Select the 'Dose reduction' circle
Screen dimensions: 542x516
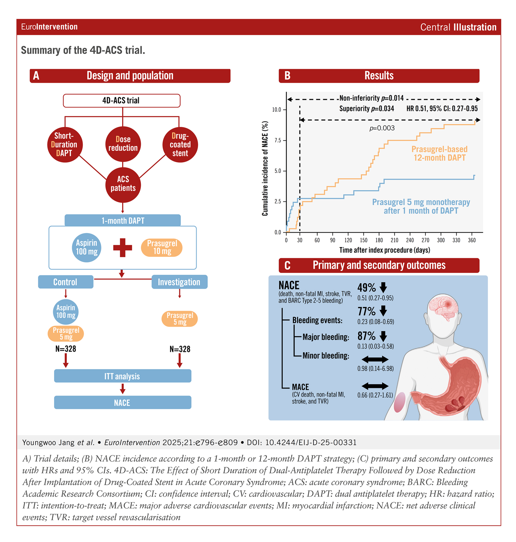pyautogui.click(x=123, y=144)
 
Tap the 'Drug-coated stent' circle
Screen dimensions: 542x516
pyautogui.click(x=180, y=145)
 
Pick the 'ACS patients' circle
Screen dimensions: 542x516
pyautogui.click(x=123, y=184)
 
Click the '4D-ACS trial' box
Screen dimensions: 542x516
pyautogui.click(x=121, y=100)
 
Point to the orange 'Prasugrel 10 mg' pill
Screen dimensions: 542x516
pyautogui.click(x=162, y=247)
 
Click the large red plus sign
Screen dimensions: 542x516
pyautogui.click(x=123, y=248)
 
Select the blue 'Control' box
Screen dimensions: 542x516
pyautogui.click(x=66, y=282)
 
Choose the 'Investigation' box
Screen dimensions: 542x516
pyautogui.click(x=179, y=282)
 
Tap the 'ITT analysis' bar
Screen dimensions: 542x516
pyautogui.click(x=122, y=376)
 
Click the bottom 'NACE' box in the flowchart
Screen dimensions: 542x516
pyautogui.click(x=122, y=403)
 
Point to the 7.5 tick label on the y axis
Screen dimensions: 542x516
pyautogui.click(x=278, y=141)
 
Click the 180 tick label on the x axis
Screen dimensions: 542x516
pyautogui.click(x=379, y=240)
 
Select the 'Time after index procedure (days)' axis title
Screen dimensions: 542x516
pyautogui.click(x=384, y=250)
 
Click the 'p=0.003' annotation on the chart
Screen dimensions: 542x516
pyautogui.click(x=382, y=128)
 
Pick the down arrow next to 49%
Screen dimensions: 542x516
pyautogui.click(x=383, y=287)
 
